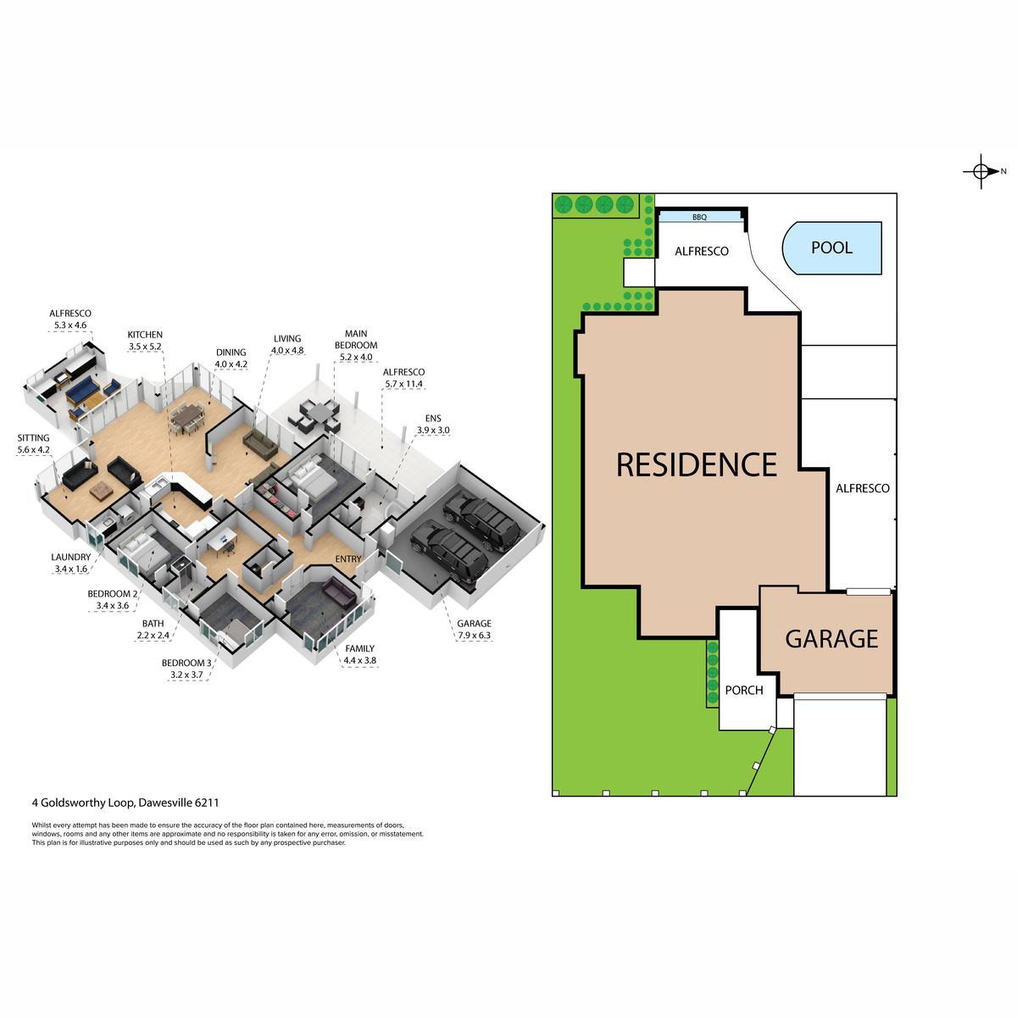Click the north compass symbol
tap(981, 171)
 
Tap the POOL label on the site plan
tap(831, 247)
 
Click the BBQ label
tap(699, 218)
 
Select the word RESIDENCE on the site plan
tap(697, 465)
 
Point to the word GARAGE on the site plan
tap(831, 639)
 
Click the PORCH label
tap(744, 691)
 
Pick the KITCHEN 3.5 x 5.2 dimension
tap(145, 347)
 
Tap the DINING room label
tap(231, 353)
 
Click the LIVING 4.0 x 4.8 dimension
tap(287, 350)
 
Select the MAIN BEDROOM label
tap(356, 339)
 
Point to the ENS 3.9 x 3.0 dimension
tap(433, 431)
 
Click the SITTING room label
tap(33, 438)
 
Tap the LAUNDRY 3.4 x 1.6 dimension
tap(70, 569)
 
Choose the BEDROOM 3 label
tap(186, 663)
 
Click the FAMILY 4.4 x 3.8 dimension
tap(360, 660)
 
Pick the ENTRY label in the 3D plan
tap(348, 559)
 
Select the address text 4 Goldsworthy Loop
tap(83, 803)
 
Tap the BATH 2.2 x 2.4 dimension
tap(153, 636)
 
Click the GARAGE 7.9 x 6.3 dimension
tap(475, 636)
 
